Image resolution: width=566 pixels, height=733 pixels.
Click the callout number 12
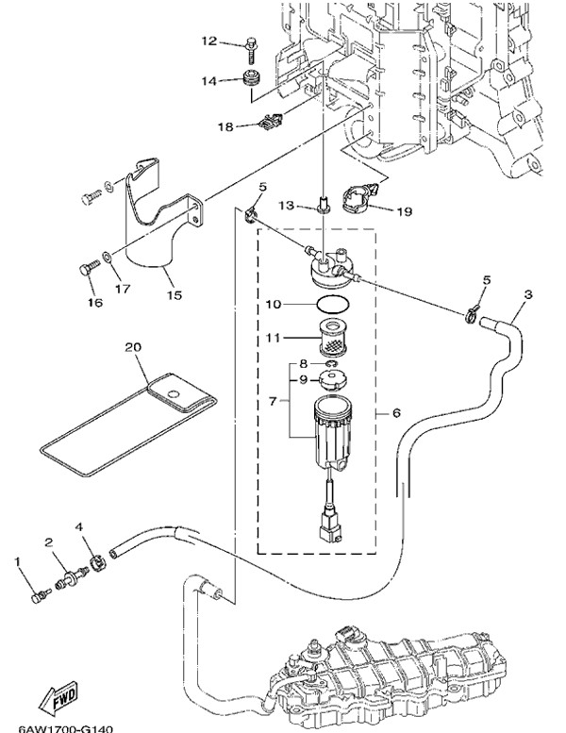(x=208, y=41)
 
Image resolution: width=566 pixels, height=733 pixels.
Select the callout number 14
(x=208, y=82)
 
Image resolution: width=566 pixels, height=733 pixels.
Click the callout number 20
(x=132, y=348)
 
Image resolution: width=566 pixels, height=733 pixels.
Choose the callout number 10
(x=273, y=305)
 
